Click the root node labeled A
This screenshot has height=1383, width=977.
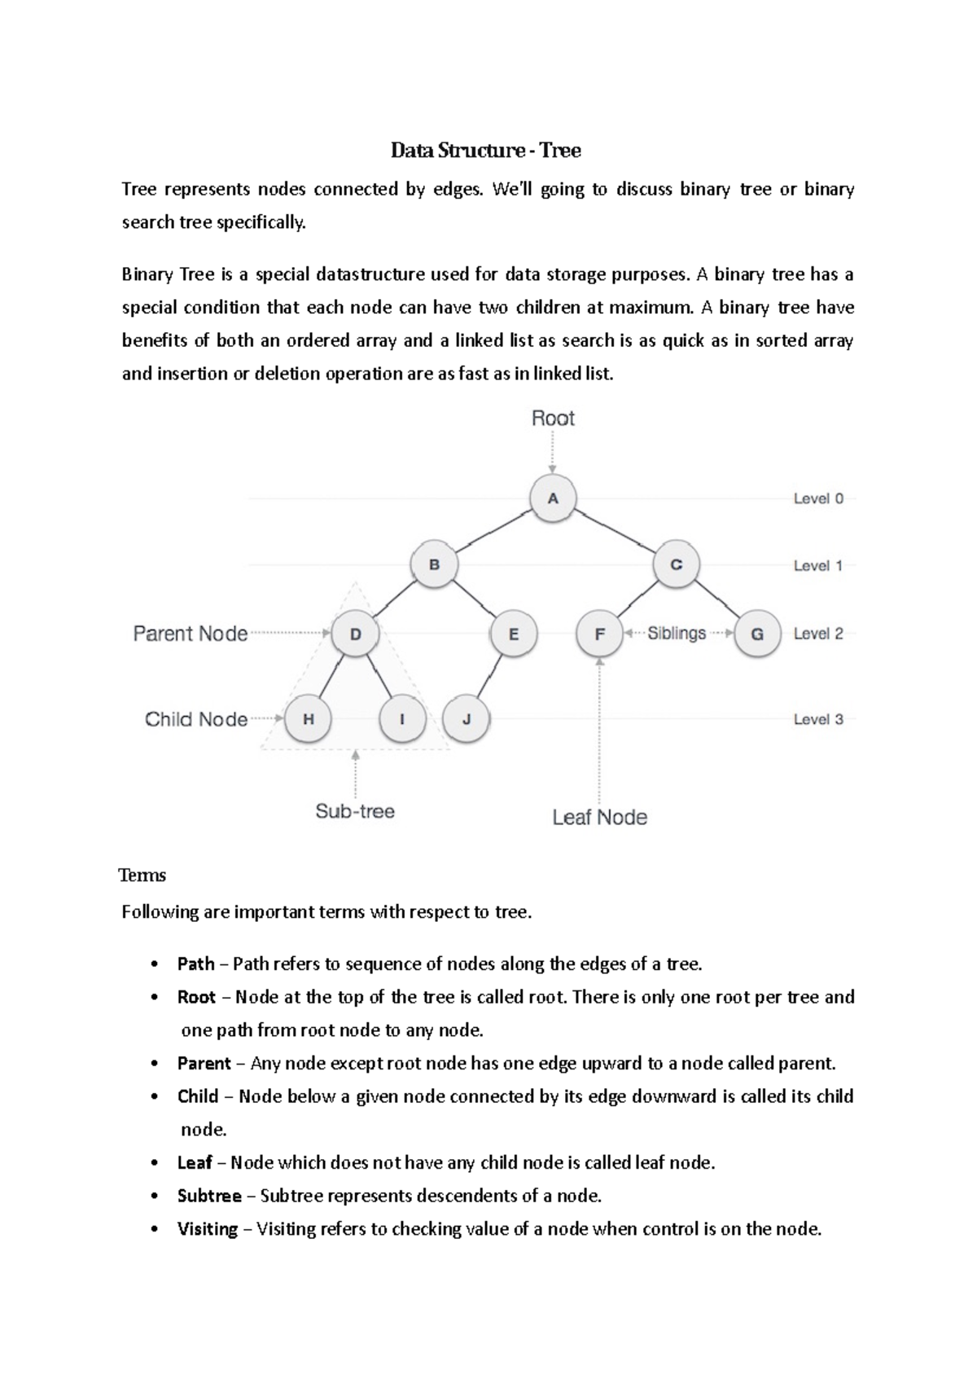click(553, 498)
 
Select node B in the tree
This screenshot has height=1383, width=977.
click(434, 564)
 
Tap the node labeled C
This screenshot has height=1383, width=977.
click(676, 564)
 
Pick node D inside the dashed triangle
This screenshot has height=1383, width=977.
click(355, 633)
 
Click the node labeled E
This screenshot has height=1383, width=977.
click(513, 634)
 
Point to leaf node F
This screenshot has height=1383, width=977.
click(599, 634)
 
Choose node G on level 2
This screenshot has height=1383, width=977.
click(757, 634)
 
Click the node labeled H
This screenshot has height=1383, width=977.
click(308, 719)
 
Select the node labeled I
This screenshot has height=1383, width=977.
click(402, 719)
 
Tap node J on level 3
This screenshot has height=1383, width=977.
click(466, 719)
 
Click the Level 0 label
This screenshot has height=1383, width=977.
click(818, 498)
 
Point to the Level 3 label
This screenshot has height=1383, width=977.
click(818, 719)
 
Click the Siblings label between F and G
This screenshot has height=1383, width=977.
click(677, 633)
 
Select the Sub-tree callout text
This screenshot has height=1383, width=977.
click(355, 811)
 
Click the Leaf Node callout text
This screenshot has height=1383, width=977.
click(599, 817)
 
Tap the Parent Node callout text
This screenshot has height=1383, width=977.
click(191, 634)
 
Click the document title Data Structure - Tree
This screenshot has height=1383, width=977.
click(486, 151)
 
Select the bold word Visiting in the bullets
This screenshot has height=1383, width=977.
click(208, 1229)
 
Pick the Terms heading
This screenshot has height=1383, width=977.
click(142, 876)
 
